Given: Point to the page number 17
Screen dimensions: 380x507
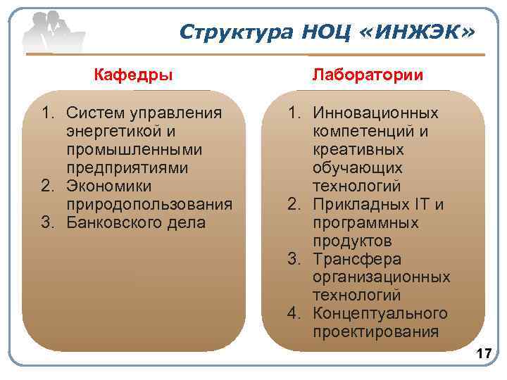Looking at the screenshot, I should (484, 353).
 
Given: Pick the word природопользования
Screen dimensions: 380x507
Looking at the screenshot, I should (149, 205).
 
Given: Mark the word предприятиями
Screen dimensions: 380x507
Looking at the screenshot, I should (127, 168).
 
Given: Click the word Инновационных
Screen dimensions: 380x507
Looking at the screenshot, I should (376, 113).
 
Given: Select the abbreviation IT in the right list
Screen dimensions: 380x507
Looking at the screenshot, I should (423, 205).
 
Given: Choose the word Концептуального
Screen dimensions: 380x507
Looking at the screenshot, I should (380, 313).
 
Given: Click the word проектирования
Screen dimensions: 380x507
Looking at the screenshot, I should (375, 331).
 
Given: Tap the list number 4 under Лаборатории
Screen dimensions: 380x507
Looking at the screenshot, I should (294, 313).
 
